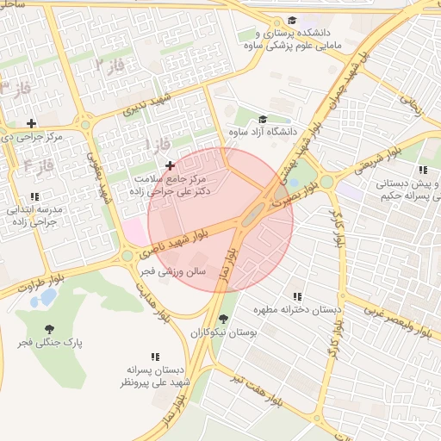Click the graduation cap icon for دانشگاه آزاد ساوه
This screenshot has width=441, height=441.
263,119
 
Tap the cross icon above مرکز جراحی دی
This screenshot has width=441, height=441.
32,124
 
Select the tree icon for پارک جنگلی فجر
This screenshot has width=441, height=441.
48,328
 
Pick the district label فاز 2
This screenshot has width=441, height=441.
110,65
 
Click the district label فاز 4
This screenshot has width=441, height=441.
40,164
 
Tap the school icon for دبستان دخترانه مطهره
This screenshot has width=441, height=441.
298,296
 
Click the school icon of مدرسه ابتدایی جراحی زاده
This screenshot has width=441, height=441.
34,197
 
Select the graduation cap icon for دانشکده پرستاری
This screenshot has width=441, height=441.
292,20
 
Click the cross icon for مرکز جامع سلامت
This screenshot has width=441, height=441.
169,165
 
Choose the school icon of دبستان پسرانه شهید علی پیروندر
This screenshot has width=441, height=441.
156,357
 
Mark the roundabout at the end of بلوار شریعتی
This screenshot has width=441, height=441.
327,181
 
